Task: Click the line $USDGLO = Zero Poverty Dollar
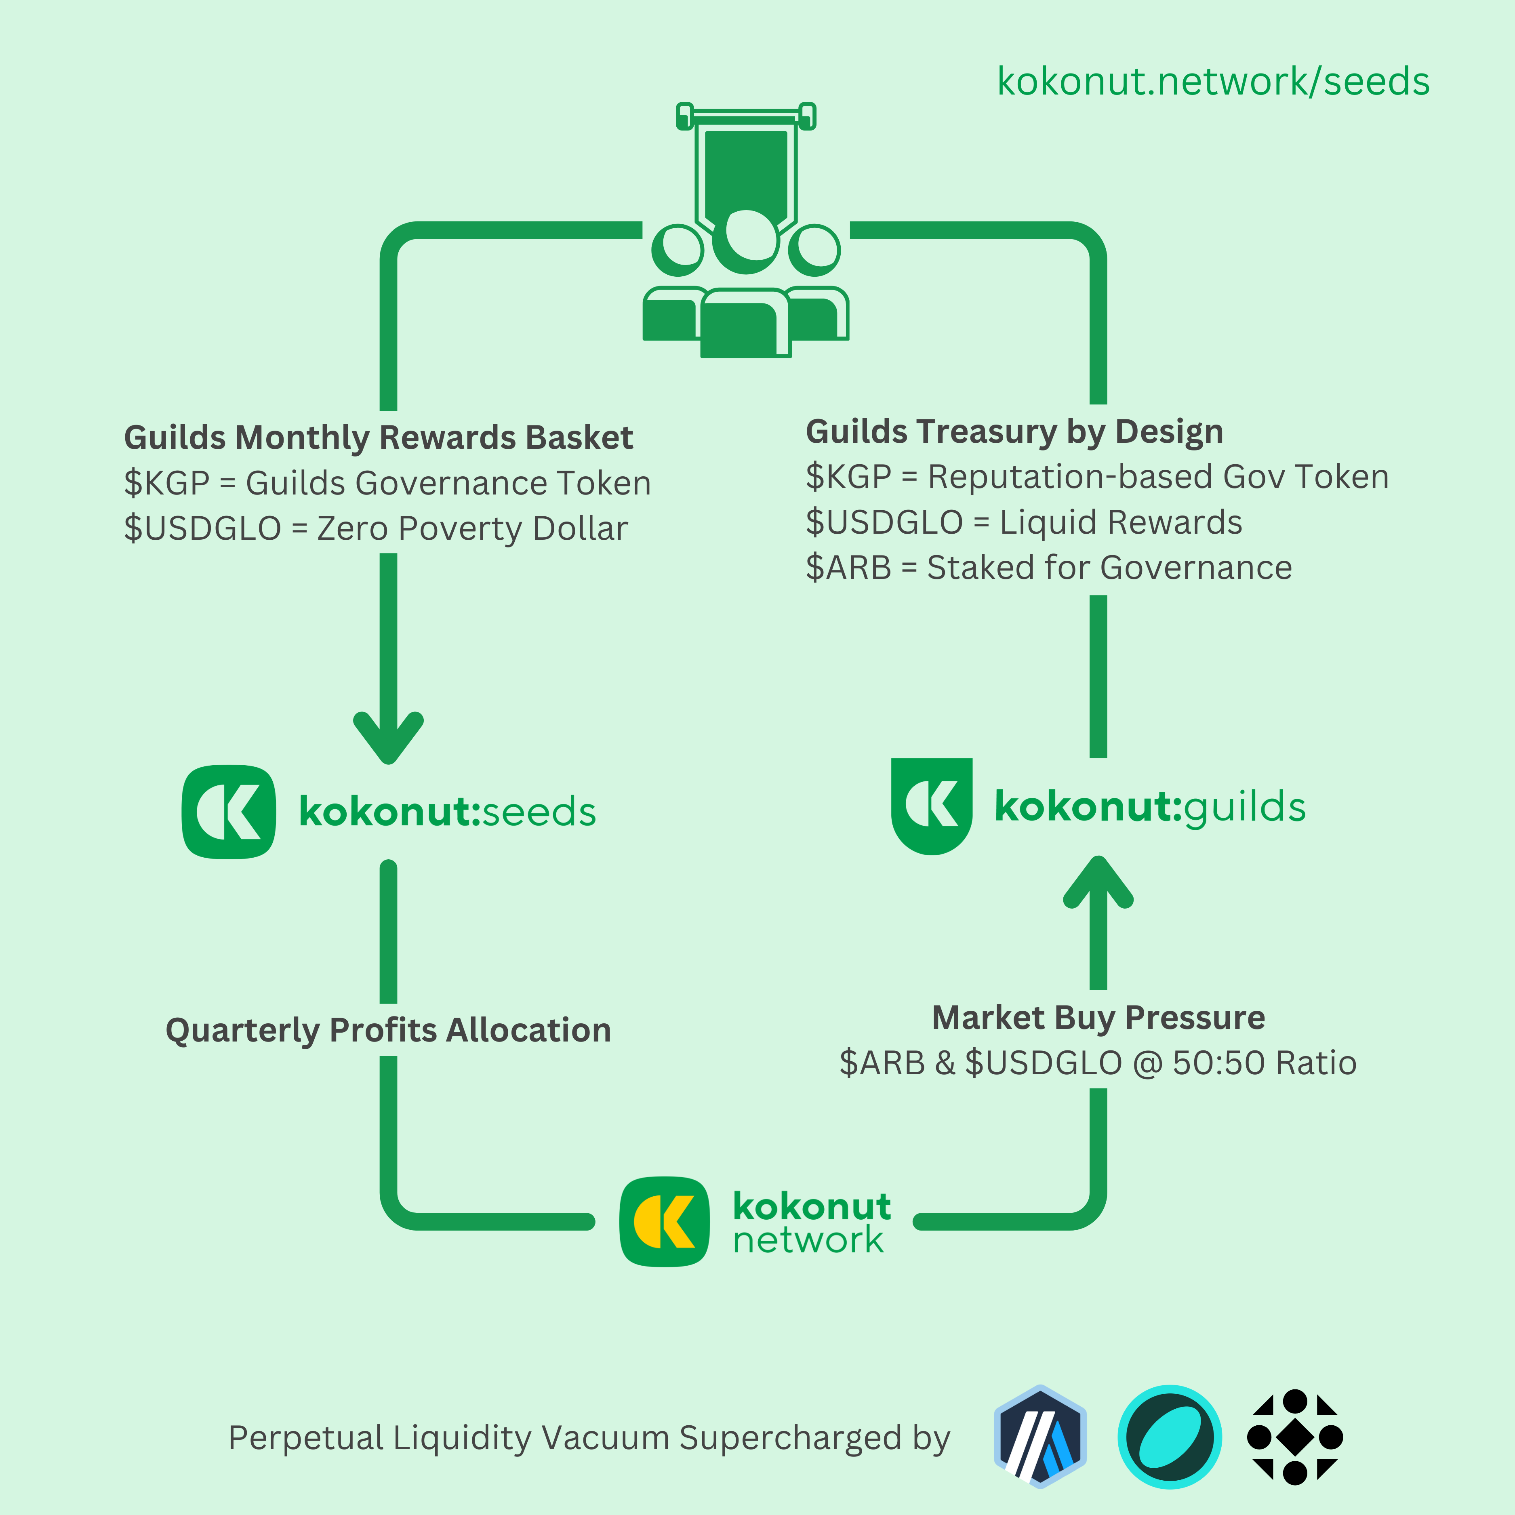click(376, 528)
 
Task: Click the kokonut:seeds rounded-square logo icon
click(229, 812)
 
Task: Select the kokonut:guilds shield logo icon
click(932, 805)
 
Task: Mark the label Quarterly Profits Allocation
click(388, 1030)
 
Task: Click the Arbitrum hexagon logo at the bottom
click(1040, 1437)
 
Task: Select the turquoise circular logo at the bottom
click(1169, 1437)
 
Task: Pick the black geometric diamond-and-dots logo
click(1295, 1437)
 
